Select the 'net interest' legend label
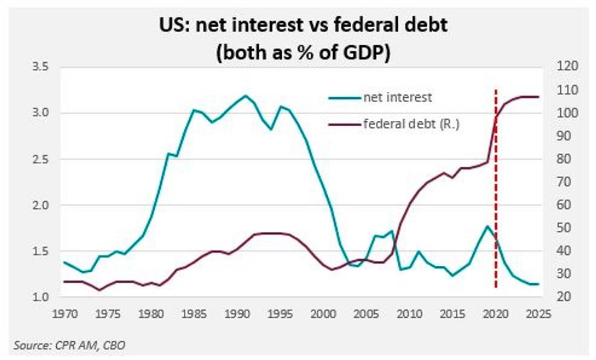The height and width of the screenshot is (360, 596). (x=398, y=97)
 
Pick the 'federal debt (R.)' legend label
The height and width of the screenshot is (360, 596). (x=412, y=125)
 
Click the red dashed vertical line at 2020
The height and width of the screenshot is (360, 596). (x=496, y=181)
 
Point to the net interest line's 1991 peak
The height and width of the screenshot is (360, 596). (x=245, y=95)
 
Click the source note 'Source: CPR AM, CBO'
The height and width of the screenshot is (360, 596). (x=70, y=345)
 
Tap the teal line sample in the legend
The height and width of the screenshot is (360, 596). (x=345, y=97)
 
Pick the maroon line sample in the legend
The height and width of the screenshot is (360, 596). (x=345, y=125)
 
